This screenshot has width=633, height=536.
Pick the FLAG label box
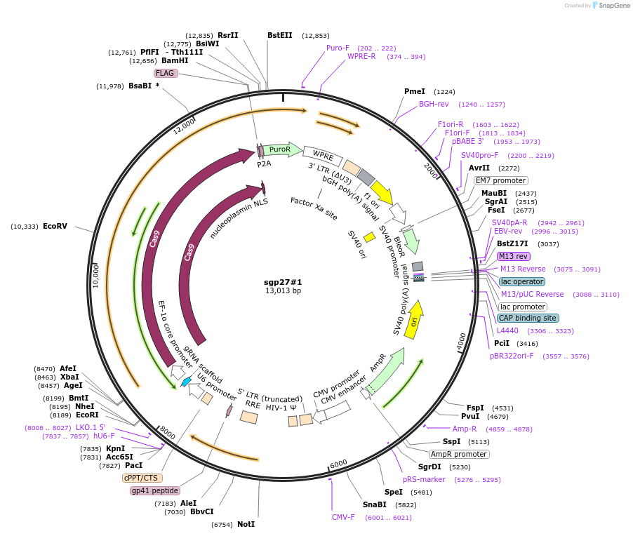[x=165, y=73]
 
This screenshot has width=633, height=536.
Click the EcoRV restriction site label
[x=55, y=227]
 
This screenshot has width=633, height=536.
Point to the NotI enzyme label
[x=245, y=524]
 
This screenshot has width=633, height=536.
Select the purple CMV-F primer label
[x=343, y=517]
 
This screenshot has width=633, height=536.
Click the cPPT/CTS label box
[x=141, y=478]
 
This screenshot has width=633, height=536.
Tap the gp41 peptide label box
[x=154, y=490]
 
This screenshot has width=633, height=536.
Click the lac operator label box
[x=521, y=281]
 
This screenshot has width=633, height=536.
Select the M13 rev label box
[x=514, y=256]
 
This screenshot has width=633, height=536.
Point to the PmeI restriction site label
[x=415, y=91]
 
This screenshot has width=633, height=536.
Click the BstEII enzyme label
[x=279, y=35]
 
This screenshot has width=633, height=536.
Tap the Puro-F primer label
[x=338, y=48]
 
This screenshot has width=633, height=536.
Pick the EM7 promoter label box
[x=500, y=180]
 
